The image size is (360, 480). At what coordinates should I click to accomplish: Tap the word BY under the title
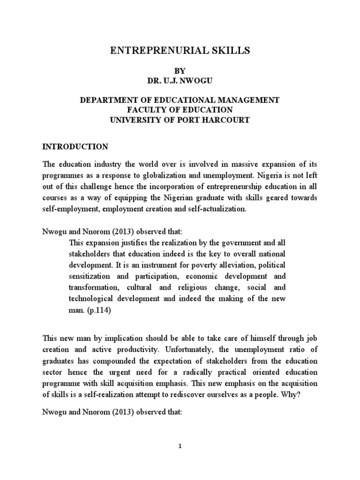pos(180,71)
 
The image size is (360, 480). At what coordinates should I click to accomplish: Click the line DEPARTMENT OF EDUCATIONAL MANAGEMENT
pos(180,100)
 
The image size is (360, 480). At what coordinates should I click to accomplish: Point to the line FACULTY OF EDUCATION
pos(180,110)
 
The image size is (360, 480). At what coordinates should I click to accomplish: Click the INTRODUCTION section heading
pos(75,147)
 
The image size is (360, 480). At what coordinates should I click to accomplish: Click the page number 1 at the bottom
pos(180,447)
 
